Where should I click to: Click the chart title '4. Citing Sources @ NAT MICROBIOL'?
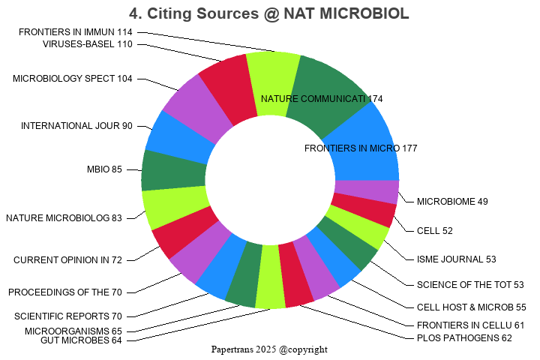[269, 13]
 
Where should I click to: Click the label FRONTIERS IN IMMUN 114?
[76, 32]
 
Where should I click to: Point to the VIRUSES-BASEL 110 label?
[88, 43]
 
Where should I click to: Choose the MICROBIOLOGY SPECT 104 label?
[73, 79]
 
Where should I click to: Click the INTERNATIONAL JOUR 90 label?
[76, 125]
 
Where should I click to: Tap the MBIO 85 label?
[104, 169]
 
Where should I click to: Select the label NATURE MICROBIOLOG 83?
[64, 218]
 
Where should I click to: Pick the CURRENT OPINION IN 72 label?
[67, 260]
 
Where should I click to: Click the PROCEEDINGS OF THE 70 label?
[65, 292]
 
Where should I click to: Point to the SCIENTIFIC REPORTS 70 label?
[68, 316]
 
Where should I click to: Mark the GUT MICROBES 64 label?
[82, 340]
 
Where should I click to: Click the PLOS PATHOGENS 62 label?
[464, 338]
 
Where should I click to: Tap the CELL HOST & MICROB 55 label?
[471, 307]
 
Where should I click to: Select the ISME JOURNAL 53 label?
[457, 259]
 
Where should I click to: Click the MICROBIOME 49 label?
[452, 201]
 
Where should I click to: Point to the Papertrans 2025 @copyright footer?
[270, 349]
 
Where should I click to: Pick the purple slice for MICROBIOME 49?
[367, 192]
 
